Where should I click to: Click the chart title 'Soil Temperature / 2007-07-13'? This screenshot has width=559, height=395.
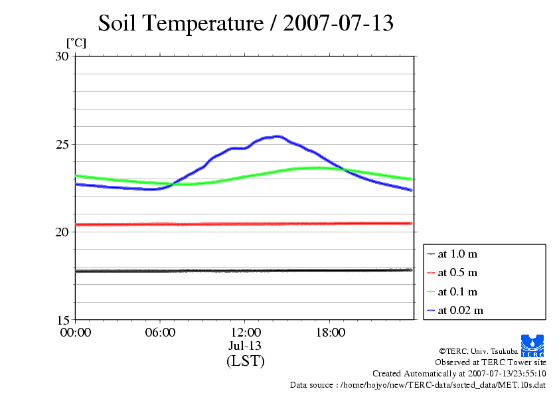(246, 23)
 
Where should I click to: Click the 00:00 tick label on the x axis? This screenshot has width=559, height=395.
(76, 332)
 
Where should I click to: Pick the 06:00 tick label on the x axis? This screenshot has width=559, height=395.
(160, 332)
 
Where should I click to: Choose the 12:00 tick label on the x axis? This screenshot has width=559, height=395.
(245, 332)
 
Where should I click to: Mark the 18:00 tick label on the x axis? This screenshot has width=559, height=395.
(330, 332)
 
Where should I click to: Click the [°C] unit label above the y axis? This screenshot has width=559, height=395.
(76, 42)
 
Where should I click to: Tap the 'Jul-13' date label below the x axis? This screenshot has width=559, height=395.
(245, 345)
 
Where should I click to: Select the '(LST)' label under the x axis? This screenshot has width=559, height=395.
(245, 361)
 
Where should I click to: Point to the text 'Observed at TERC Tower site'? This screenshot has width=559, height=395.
(491, 362)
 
